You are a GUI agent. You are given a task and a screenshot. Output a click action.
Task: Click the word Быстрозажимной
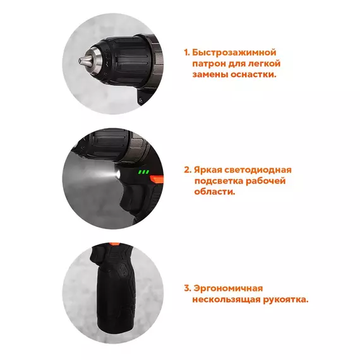pos(234,52)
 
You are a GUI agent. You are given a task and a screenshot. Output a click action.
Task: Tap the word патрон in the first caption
pos(208,64)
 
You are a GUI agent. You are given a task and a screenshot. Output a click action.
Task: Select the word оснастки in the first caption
pos(253,75)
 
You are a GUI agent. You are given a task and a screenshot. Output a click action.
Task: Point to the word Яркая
pos(208,170)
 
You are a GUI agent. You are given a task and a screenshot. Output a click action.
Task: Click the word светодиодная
pos(258,170)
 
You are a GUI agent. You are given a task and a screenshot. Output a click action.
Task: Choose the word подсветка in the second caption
pos(219,181)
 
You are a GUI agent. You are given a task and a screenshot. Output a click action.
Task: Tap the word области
pos(215,192)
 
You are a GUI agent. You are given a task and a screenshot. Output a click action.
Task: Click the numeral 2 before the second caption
pos(188,170)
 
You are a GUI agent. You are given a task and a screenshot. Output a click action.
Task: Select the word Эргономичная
pos(228,289)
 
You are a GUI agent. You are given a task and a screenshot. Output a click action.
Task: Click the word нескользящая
pos(226,299)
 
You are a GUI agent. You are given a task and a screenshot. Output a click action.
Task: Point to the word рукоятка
pos(285,299)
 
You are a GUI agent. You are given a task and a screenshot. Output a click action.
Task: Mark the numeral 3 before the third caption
pos(188,289)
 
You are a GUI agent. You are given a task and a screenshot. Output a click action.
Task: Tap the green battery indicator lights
pos(143,172)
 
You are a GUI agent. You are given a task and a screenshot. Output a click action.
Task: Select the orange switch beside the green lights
pos(157,179)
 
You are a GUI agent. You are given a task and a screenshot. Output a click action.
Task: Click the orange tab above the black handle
pos(114,244)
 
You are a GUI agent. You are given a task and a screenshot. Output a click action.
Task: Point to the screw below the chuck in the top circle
pos(141,100)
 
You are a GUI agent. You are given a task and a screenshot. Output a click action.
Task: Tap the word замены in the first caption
pos(210,75)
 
